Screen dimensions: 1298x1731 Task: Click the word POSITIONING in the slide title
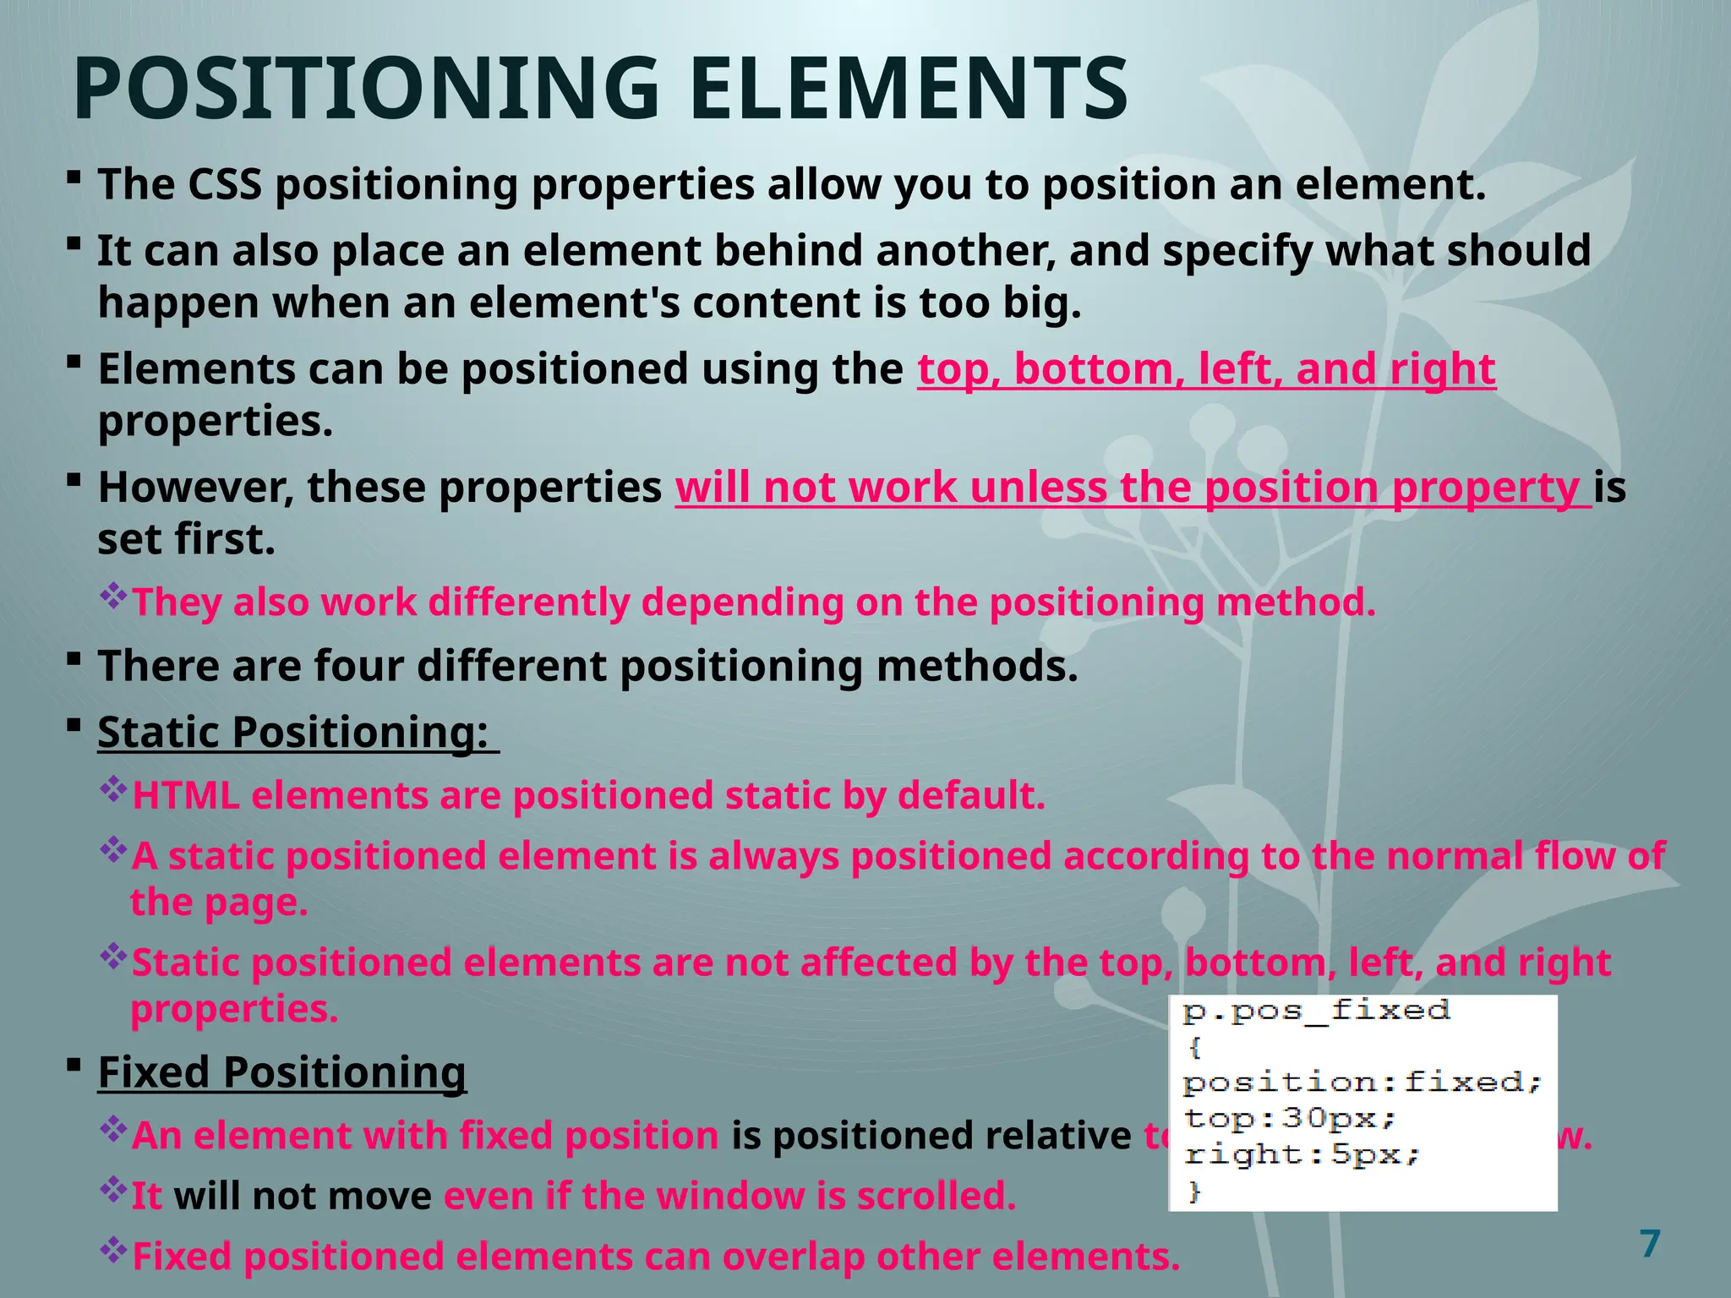pyautogui.click(x=365, y=89)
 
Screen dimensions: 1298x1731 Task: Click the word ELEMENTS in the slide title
pyautogui.click(x=909, y=89)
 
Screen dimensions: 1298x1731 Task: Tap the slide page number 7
pyautogui.click(x=1649, y=1244)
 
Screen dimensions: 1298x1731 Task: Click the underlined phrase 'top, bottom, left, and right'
pyautogui.click(x=1206, y=369)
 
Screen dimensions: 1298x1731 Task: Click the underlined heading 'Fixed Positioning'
pyautogui.click(x=281, y=1072)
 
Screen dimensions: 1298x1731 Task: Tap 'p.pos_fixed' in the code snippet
pyautogui.click(x=1316, y=1011)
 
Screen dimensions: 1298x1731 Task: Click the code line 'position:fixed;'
pyautogui.click(x=1362, y=1083)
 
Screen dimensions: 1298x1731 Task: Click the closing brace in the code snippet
pyautogui.click(x=1194, y=1192)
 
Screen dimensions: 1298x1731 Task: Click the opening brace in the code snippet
pyautogui.click(x=1194, y=1048)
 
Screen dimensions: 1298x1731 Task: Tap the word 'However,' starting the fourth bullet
pyautogui.click(x=196, y=488)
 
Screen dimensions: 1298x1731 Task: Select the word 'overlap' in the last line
pyautogui.click(x=794, y=1257)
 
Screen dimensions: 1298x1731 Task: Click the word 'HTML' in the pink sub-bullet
pyautogui.click(x=186, y=796)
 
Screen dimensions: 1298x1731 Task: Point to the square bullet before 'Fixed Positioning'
pyautogui.click(x=74, y=1064)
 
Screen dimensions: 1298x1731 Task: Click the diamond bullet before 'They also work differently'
pyautogui.click(x=112, y=597)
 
